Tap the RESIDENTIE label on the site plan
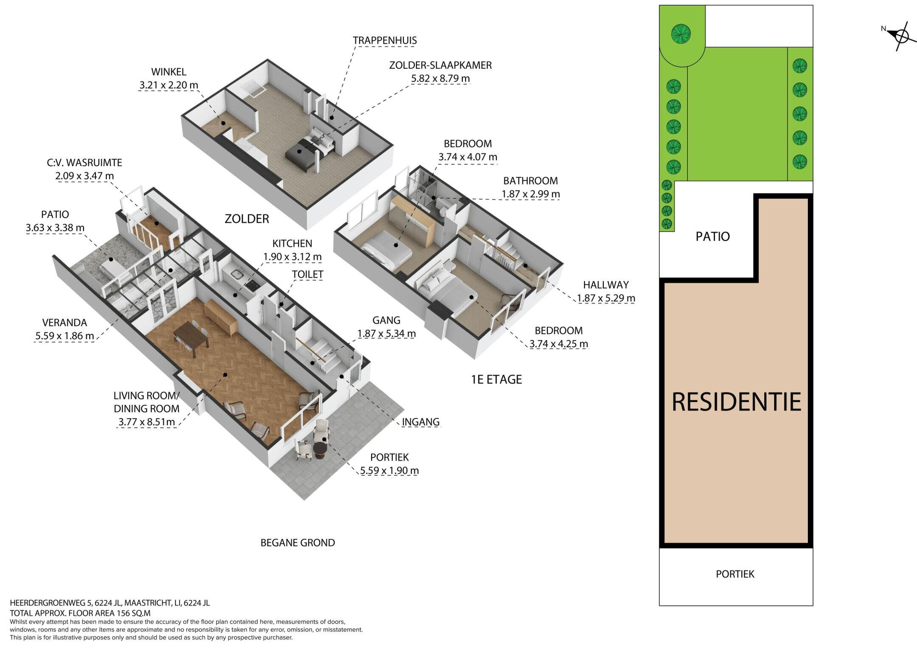coord(736,402)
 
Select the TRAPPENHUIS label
coord(385,40)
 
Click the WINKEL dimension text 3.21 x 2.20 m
coord(169,85)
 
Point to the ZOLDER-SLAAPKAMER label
coord(440,65)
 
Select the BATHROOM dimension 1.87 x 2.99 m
coord(531,194)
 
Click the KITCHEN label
coord(292,244)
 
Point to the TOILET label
coord(307,275)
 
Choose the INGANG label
coord(420,422)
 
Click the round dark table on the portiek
coord(320,450)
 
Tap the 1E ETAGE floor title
coord(496,379)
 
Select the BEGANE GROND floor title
coord(298,543)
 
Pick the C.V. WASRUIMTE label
coord(84,163)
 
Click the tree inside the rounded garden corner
coord(681,33)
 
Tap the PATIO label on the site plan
coord(712,236)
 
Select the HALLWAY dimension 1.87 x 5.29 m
coord(606,298)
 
